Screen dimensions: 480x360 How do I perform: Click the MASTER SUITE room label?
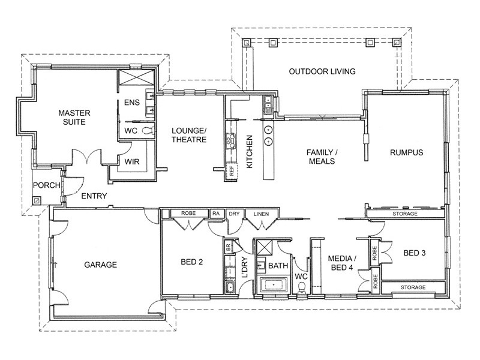tap(74, 118)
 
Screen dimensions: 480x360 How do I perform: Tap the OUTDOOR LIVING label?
tap(322, 71)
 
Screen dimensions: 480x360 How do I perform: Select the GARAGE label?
tap(100, 265)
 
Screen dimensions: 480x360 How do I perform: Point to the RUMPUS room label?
tap(407, 152)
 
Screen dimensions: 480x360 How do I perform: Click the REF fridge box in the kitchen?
tap(232, 171)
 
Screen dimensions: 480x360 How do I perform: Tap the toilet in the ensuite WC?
tap(148, 131)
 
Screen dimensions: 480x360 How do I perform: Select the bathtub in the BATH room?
tap(274, 285)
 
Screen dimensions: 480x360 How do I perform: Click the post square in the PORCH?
tap(37, 200)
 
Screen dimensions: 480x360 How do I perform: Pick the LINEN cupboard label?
tap(261, 214)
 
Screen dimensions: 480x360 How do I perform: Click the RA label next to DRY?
tap(216, 214)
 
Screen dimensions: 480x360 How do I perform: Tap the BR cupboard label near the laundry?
tap(228, 247)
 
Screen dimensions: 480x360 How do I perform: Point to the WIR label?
tap(132, 161)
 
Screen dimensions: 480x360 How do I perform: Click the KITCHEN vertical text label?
tap(250, 152)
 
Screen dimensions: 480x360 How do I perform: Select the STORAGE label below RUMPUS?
tap(405, 214)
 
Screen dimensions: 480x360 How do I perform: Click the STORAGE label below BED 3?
tap(413, 287)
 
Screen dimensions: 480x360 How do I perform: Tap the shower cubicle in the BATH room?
tap(263, 247)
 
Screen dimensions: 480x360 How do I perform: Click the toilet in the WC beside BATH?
tap(302, 288)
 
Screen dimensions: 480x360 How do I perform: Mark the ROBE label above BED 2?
tap(188, 213)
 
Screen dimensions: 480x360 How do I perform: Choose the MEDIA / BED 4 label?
tap(342, 263)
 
